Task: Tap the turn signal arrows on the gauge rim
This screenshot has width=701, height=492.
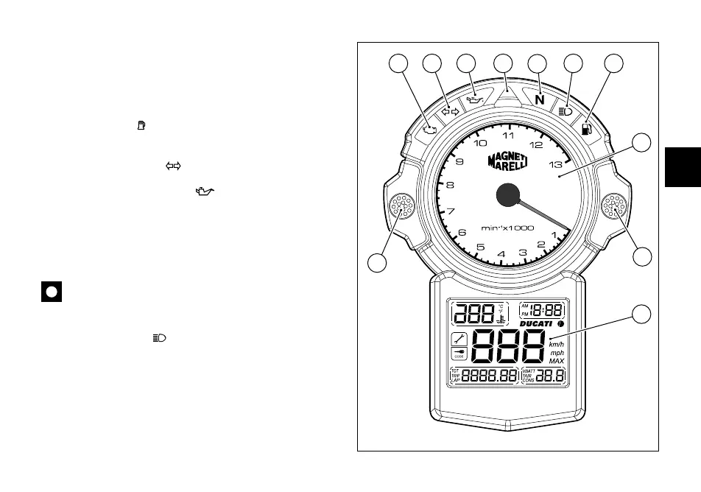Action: [x=450, y=112]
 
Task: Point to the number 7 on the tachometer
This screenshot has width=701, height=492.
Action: [x=451, y=211]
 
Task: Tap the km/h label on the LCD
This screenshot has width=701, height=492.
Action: [x=557, y=343]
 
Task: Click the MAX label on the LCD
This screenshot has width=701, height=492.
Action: [x=557, y=361]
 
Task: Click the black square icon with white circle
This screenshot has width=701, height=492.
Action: [x=51, y=292]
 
